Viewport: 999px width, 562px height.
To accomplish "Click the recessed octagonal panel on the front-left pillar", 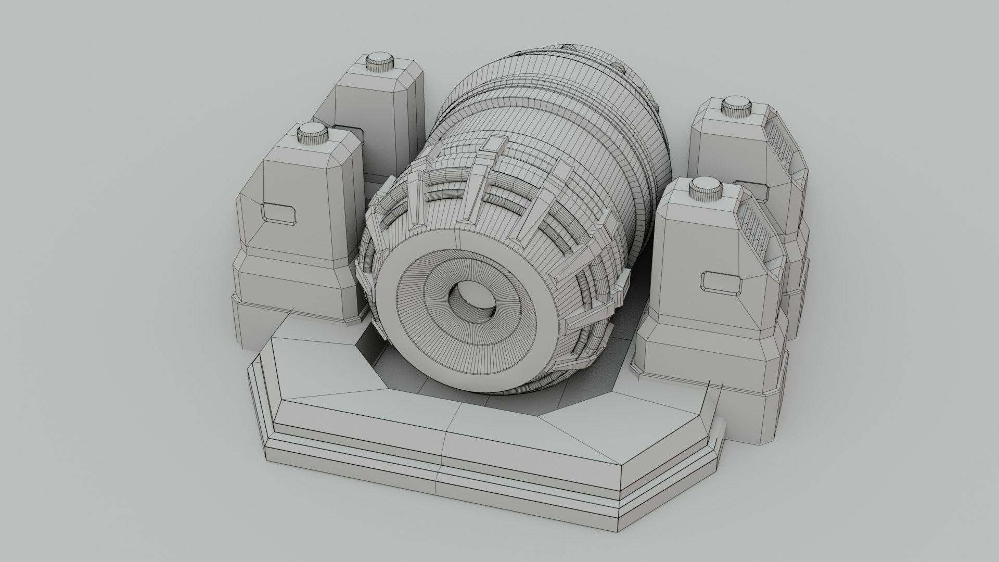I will coord(279,213).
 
